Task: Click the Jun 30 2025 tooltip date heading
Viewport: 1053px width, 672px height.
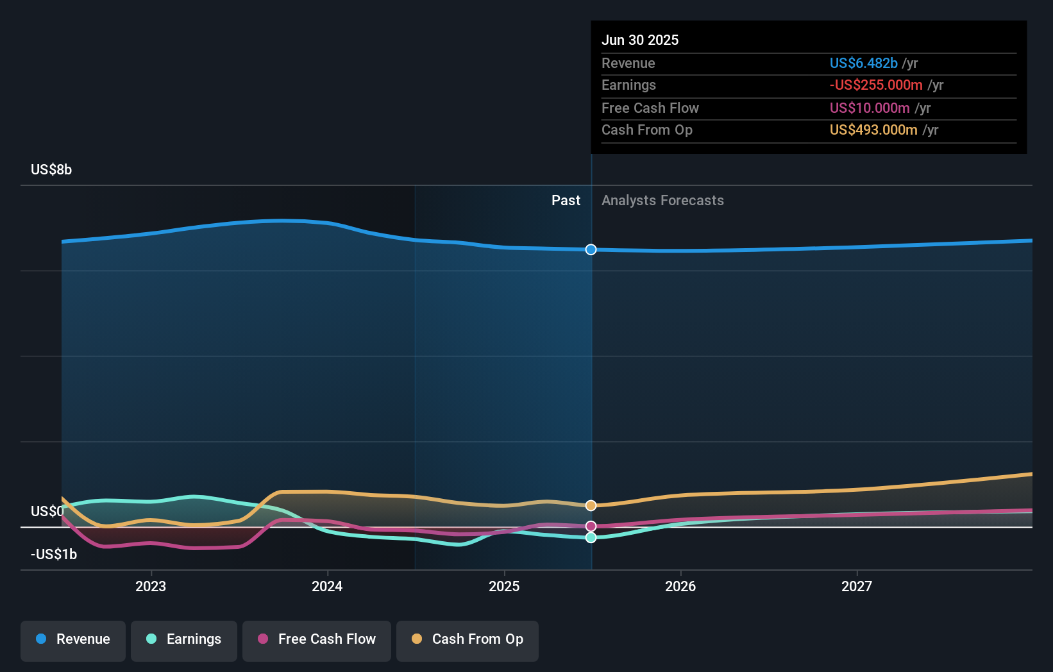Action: [639, 40]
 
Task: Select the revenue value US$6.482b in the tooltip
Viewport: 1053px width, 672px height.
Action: [863, 63]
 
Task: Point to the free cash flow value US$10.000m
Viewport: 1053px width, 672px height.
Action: [870, 108]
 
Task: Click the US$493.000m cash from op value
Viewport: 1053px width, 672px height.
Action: [873, 130]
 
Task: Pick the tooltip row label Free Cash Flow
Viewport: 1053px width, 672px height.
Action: [650, 108]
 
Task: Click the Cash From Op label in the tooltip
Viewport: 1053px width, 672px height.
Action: [646, 130]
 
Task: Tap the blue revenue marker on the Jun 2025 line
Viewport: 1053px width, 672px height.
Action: [591, 249]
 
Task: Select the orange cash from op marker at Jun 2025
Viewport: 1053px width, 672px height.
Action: [591, 505]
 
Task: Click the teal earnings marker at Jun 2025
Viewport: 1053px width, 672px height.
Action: [591, 537]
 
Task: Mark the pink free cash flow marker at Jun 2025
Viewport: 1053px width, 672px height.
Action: [591, 526]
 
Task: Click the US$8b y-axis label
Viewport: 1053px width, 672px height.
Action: [51, 169]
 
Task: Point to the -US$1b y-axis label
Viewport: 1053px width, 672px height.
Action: [54, 554]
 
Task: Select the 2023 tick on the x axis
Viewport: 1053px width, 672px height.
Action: [151, 586]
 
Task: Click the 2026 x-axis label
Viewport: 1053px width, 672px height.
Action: [680, 586]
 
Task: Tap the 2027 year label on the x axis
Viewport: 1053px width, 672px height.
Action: [856, 586]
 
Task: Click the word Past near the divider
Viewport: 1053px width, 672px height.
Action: [566, 200]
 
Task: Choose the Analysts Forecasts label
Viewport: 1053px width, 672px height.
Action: [662, 200]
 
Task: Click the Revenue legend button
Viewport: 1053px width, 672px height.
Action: [73, 640]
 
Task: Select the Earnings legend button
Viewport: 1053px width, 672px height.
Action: [184, 640]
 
